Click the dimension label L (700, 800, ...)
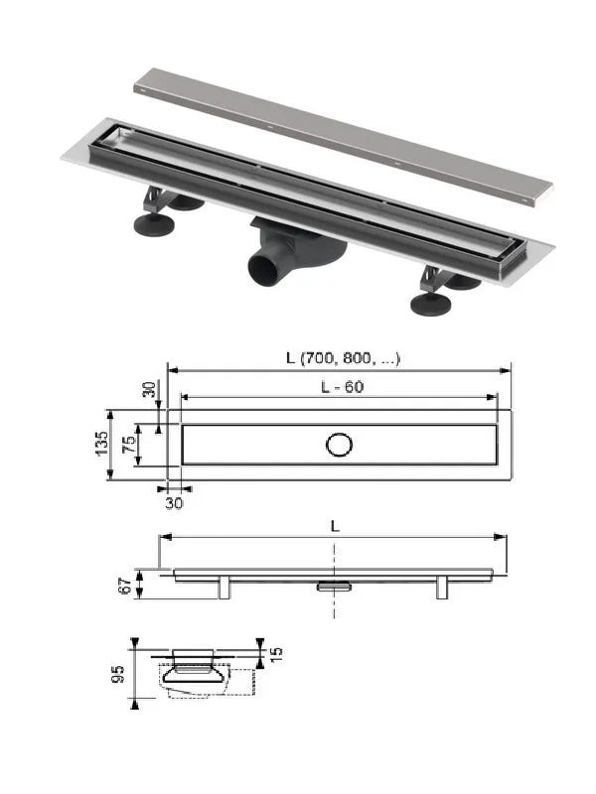(x=343, y=358)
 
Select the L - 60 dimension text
(x=342, y=387)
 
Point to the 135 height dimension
(x=102, y=444)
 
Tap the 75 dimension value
(x=130, y=444)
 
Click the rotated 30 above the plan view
(x=149, y=389)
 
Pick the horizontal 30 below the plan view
(x=174, y=503)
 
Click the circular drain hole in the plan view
(x=339, y=445)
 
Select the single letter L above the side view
(x=335, y=527)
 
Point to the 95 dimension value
(x=117, y=674)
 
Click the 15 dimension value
(x=276, y=654)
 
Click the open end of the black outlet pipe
(x=262, y=272)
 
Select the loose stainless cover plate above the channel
(x=343, y=137)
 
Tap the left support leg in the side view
(x=224, y=588)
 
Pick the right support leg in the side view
(x=442, y=588)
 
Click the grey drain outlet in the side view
(x=335, y=586)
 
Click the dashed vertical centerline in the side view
(x=334, y=581)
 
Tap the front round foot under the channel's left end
(x=154, y=225)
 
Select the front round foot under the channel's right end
(x=431, y=305)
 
